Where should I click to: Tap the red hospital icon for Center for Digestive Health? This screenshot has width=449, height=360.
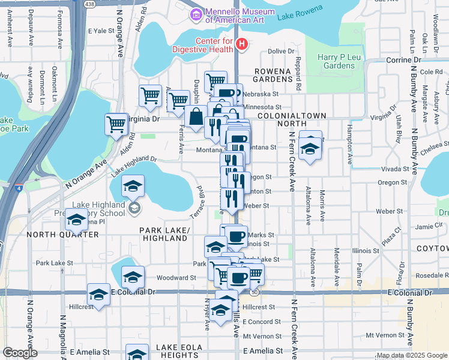[241, 43]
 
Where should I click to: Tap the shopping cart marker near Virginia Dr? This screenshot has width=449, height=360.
[116, 125]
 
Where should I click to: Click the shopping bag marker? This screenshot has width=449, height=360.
[196, 117]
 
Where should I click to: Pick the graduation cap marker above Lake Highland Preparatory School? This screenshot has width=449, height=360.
[133, 186]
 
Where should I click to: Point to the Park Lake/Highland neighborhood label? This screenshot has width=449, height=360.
[164, 234]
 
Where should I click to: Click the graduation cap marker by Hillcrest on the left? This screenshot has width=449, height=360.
[98, 295]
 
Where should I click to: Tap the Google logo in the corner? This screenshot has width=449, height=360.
[20, 353]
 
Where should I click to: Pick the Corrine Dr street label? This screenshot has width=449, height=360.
[403, 61]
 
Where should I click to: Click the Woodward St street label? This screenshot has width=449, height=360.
[176, 278]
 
